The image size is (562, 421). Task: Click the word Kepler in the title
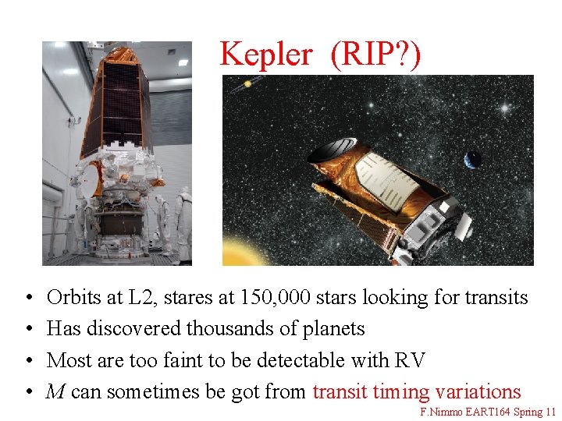tap(267, 54)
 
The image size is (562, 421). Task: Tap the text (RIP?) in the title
tap(375, 55)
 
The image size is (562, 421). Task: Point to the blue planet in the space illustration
tap(473, 160)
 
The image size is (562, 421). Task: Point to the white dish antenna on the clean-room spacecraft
tap(87, 179)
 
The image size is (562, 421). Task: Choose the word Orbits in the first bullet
tap(73, 297)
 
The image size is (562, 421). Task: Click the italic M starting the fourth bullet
tap(55, 391)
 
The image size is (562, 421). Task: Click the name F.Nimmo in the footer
tap(441, 412)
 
